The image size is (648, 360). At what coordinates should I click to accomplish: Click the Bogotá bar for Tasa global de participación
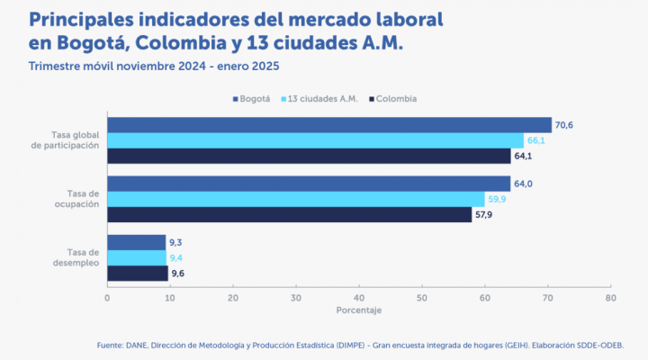click(x=329, y=125)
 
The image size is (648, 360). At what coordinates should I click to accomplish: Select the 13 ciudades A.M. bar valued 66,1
click(x=315, y=140)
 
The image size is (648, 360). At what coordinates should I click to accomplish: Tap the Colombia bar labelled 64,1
click(x=309, y=156)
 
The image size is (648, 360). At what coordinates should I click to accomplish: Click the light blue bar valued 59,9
click(x=295, y=199)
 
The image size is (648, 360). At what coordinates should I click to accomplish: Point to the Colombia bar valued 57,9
click(x=289, y=214)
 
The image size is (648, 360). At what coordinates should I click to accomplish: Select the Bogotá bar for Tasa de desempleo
click(x=137, y=243)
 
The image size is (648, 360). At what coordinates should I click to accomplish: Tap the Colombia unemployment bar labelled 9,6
click(x=138, y=273)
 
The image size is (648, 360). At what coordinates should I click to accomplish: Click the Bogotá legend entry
click(x=256, y=98)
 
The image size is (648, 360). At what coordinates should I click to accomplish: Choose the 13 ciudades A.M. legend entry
click(x=319, y=98)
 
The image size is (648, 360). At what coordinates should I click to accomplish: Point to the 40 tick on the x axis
click(x=359, y=297)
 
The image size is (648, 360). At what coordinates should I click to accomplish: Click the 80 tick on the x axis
click(x=611, y=297)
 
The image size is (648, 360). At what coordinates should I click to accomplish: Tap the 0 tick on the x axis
click(x=107, y=297)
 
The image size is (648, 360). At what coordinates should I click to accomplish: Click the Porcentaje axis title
click(x=358, y=310)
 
